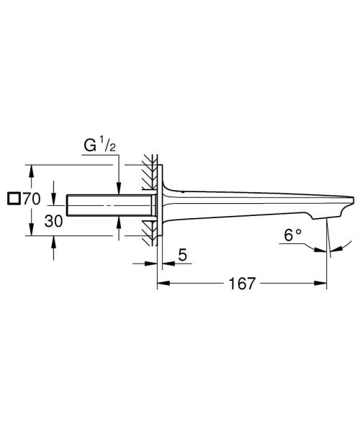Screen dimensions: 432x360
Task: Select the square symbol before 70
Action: tap(11, 199)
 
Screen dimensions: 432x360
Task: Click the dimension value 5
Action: tap(184, 255)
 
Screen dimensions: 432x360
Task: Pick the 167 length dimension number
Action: tap(243, 284)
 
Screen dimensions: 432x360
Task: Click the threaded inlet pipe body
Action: tap(108, 204)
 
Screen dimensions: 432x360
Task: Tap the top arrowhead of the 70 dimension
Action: tap(31, 170)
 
